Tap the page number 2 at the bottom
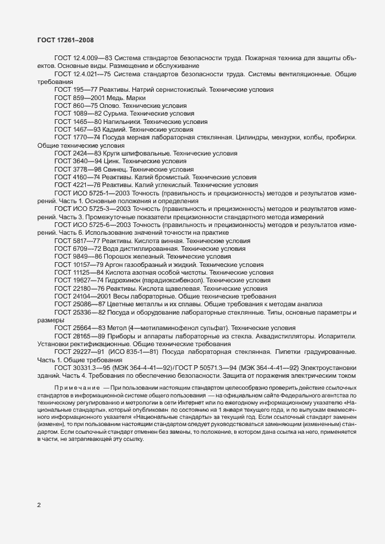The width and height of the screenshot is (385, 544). coord(39,506)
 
